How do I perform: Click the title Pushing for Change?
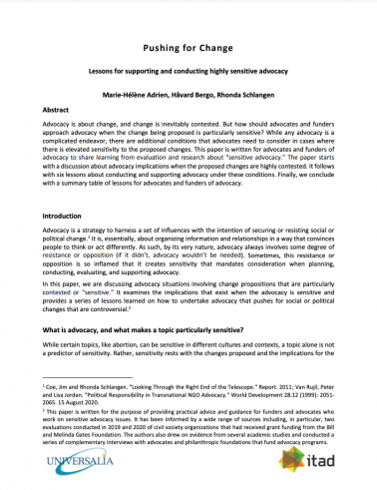point(188,46)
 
